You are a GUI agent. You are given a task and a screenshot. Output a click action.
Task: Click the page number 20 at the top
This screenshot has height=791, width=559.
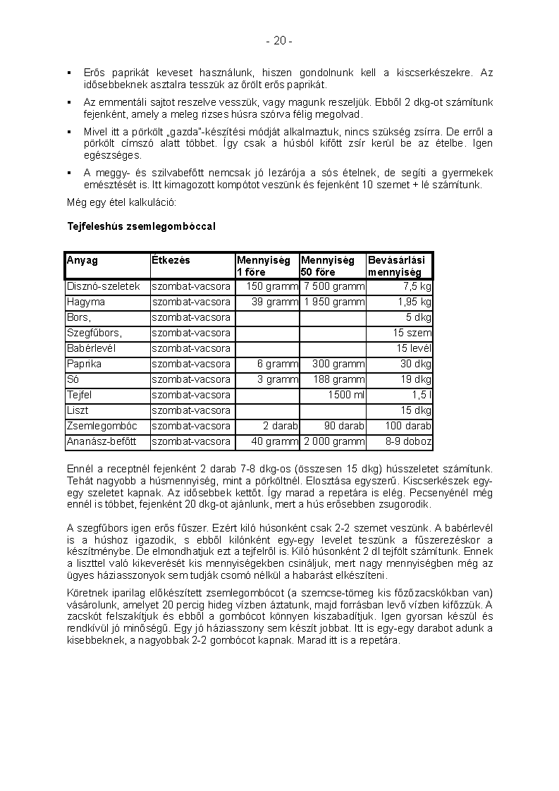pyautogui.click(x=279, y=41)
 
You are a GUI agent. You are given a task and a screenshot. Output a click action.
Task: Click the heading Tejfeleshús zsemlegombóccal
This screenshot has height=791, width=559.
pyautogui.click(x=140, y=226)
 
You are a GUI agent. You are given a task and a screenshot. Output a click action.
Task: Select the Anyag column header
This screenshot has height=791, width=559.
pyautogui.click(x=82, y=260)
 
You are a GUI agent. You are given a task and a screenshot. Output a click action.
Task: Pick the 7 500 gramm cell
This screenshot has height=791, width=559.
pyautogui.click(x=333, y=286)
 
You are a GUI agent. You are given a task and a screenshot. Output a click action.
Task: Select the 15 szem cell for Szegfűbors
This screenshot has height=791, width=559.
pyautogui.click(x=412, y=333)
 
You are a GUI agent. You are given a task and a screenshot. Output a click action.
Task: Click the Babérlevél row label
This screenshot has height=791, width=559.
pyautogui.click(x=91, y=348)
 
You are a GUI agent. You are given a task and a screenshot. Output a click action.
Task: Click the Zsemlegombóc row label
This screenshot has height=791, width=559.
pyautogui.click(x=102, y=426)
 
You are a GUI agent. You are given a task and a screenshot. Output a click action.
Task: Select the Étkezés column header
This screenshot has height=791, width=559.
pyautogui.click(x=171, y=260)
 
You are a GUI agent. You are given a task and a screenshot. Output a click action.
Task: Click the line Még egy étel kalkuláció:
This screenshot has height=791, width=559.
pyautogui.click(x=121, y=203)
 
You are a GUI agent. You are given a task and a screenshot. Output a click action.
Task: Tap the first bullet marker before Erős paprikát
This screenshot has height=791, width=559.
pyautogui.click(x=69, y=73)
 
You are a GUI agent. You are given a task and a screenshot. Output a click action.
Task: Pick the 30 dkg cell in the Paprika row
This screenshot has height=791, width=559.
pyautogui.click(x=416, y=364)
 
